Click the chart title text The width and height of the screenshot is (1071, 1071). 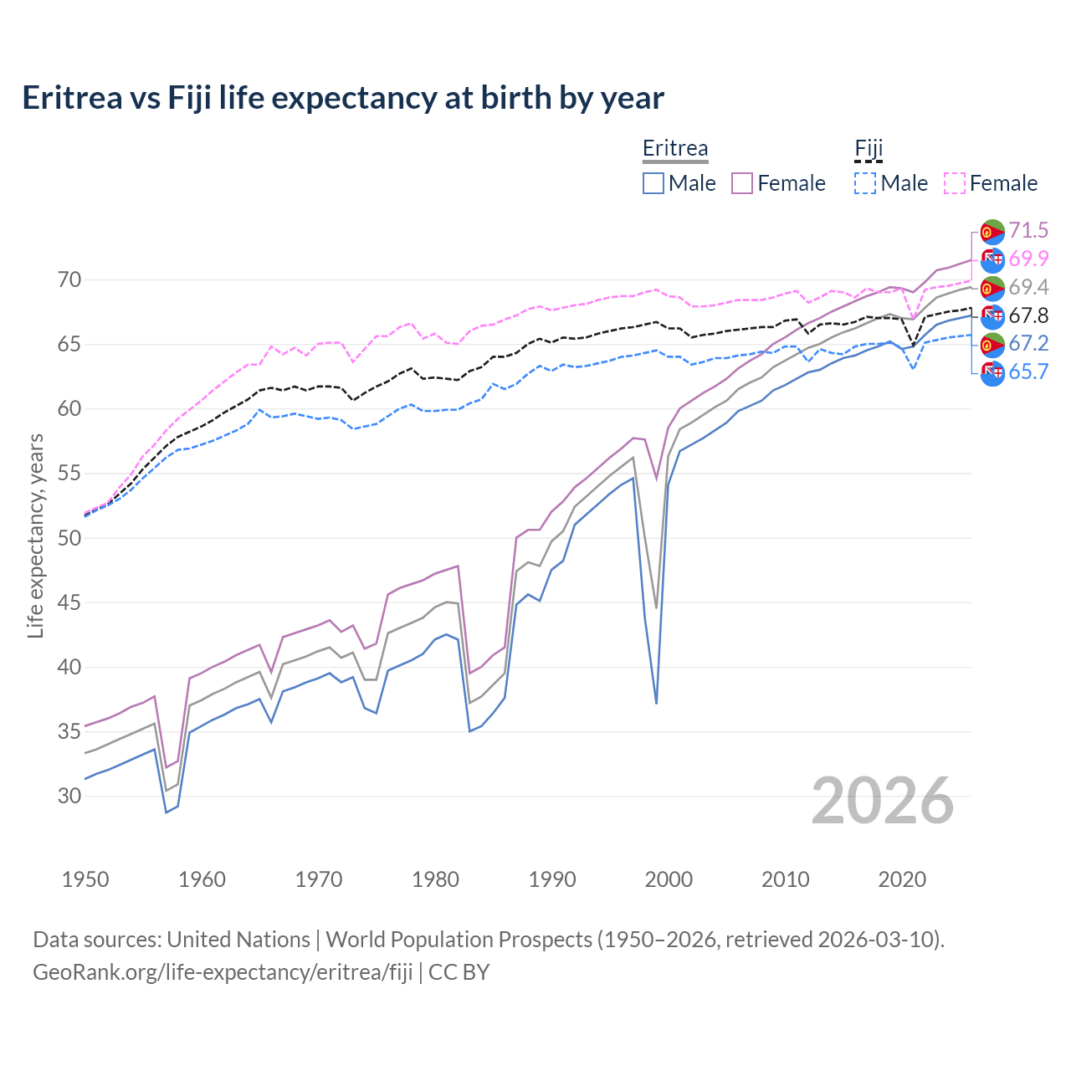[x=343, y=98]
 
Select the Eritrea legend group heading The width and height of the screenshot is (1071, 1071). [x=674, y=149]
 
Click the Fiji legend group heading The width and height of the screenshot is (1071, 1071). [x=869, y=149]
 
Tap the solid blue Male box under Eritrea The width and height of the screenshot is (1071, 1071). [x=653, y=183]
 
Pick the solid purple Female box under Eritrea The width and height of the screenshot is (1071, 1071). [x=742, y=183]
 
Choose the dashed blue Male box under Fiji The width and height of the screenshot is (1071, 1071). [x=865, y=183]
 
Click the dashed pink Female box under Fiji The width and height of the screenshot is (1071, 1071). [x=955, y=183]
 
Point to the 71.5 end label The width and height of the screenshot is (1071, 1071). [x=1028, y=230]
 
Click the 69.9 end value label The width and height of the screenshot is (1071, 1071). [x=1028, y=259]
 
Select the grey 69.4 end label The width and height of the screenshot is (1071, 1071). [x=1028, y=287]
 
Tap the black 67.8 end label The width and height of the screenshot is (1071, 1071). [x=1028, y=315]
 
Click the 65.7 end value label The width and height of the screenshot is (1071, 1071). [x=1028, y=372]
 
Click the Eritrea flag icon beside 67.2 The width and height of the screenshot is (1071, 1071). [x=992, y=344]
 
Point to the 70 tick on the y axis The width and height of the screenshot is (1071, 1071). [x=69, y=279]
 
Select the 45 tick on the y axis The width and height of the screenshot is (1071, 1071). [x=69, y=602]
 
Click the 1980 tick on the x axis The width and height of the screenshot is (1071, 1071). [x=436, y=879]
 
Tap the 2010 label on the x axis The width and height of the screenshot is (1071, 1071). [x=785, y=879]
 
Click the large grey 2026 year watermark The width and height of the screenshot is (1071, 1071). [x=882, y=801]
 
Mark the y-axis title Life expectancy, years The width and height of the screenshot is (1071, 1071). [x=35, y=535]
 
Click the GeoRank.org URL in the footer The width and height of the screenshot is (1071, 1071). [x=223, y=972]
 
